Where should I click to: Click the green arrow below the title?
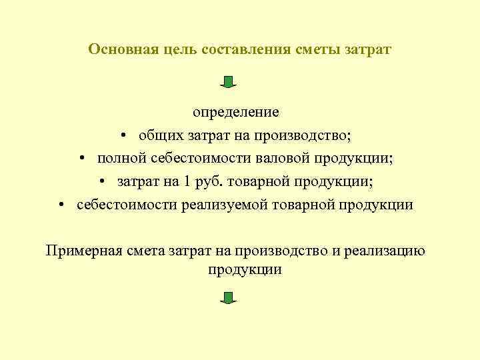point(229,82)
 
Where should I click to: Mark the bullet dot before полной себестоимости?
point(81,159)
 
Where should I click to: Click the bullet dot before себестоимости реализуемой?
point(61,205)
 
